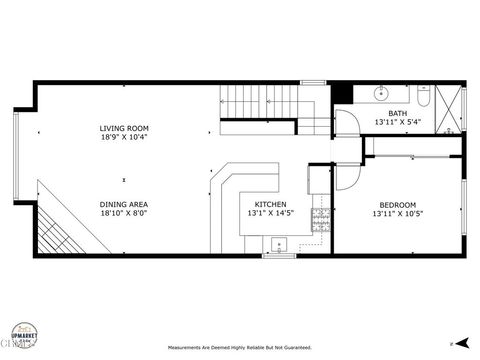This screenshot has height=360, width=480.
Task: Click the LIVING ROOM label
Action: coord(123,128)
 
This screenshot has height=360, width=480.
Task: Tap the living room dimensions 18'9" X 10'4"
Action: coord(123,138)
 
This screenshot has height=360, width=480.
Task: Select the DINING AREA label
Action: coord(123,203)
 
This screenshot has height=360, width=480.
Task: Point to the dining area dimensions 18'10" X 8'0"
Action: coord(123,213)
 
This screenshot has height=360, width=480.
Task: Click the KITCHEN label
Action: coord(270,203)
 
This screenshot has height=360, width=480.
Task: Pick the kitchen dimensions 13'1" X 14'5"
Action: coord(270,213)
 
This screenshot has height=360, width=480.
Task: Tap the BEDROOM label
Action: coord(398,203)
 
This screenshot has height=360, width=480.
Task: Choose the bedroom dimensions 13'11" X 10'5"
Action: coord(398,213)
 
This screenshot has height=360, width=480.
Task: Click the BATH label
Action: coord(398,113)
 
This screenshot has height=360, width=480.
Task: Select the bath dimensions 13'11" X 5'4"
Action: coord(398,122)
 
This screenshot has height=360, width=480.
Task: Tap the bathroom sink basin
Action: coord(382,94)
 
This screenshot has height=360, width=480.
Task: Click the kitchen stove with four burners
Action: coord(322,221)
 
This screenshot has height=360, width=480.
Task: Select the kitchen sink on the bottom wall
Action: coord(277,243)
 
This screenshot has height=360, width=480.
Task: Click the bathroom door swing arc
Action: coord(345,121)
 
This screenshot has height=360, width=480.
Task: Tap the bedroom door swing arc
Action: coord(346,176)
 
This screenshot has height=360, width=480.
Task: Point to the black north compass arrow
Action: coord(451,343)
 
